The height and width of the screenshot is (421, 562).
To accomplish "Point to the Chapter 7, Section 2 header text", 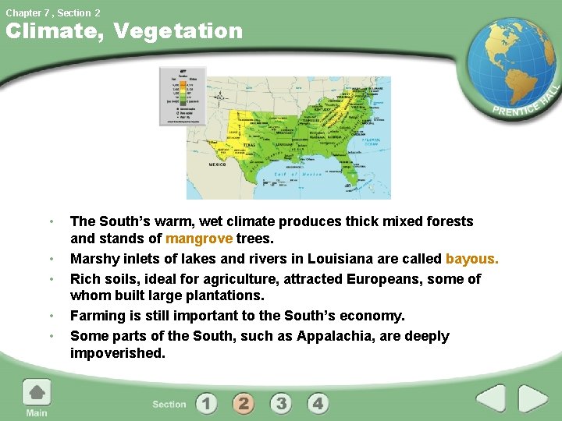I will (x=53, y=12).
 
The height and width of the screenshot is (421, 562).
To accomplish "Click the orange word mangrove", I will (x=199, y=239).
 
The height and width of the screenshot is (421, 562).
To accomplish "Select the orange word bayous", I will (x=471, y=259).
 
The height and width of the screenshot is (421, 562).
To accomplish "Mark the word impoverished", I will (x=118, y=353).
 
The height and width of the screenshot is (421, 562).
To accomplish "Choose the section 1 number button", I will (x=207, y=403).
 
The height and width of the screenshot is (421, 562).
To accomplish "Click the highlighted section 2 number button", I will (x=244, y=403).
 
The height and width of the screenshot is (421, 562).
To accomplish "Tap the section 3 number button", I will (x=281, y=403).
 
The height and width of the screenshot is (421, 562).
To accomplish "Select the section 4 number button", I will (x=318, y=403).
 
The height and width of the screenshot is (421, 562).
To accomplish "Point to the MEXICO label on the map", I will (x=217, y=165).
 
